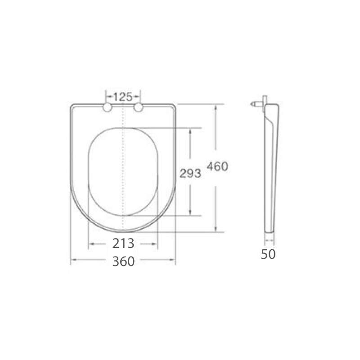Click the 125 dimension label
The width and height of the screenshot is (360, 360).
click(123, 97)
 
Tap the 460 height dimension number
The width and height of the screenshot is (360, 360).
click(217, 166)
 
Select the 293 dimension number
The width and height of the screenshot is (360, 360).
click(190, 173)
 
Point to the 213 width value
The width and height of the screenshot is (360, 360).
click(123, 243)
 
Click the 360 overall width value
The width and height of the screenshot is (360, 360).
click(123, 261)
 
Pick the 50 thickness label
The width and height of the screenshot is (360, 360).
click(268, 254)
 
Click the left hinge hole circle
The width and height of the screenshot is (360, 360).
click(107, 107)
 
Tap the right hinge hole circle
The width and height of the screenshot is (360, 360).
click(139, 107)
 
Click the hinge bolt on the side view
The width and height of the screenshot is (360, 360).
click(256, 104)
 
